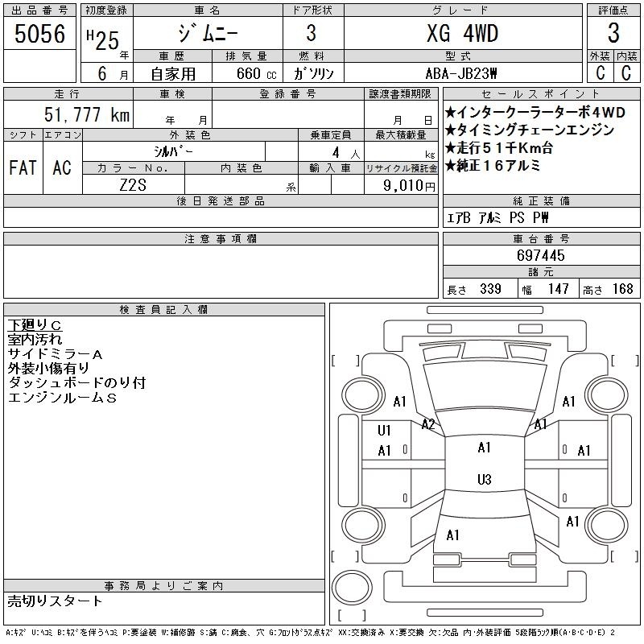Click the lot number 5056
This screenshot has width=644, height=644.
(39, 34)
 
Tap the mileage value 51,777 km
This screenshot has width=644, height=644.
(87, 114)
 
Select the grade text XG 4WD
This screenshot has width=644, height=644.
(462, 33)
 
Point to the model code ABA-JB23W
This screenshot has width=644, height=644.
(461, 73)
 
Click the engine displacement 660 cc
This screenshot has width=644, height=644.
(256, 73)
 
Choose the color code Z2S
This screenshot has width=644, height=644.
(133, 185)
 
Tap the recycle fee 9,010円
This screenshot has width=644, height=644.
(409, 186)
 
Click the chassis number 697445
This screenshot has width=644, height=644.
(540, 255)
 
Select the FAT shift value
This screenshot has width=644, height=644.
(23, 167)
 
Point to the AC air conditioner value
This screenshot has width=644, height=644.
(62, 167)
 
